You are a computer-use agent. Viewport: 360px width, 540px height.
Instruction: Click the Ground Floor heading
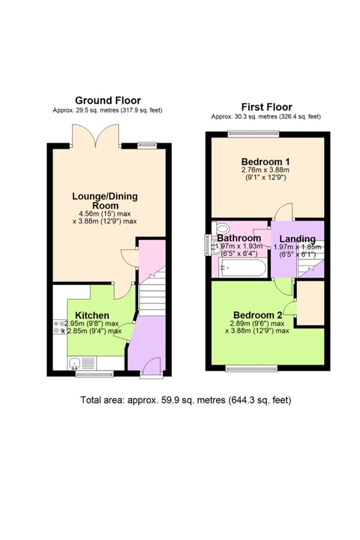pyautogui.click(x=108, y=101)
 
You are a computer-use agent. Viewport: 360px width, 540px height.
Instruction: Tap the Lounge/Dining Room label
pyautogui.click(x=105, y=201)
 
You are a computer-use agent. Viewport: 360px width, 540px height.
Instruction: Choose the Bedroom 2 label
pyautogui.click(x=257, y=315)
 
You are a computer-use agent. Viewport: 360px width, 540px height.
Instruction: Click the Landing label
pyautogui.click(x=297, y=238)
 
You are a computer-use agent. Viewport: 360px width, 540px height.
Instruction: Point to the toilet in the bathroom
pyautogui.click(x=222, y=228)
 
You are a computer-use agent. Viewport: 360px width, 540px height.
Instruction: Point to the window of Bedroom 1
pyautogui.click(x=253, y=134)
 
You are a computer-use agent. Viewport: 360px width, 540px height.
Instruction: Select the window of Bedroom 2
pyautogui.click(x=251, y=368)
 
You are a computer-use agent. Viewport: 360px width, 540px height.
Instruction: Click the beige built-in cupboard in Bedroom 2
pyautogui.click(x=310, y=303)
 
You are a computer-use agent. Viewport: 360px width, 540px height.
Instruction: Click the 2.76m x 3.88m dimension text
pyautogui.click(x=265, y=170)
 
